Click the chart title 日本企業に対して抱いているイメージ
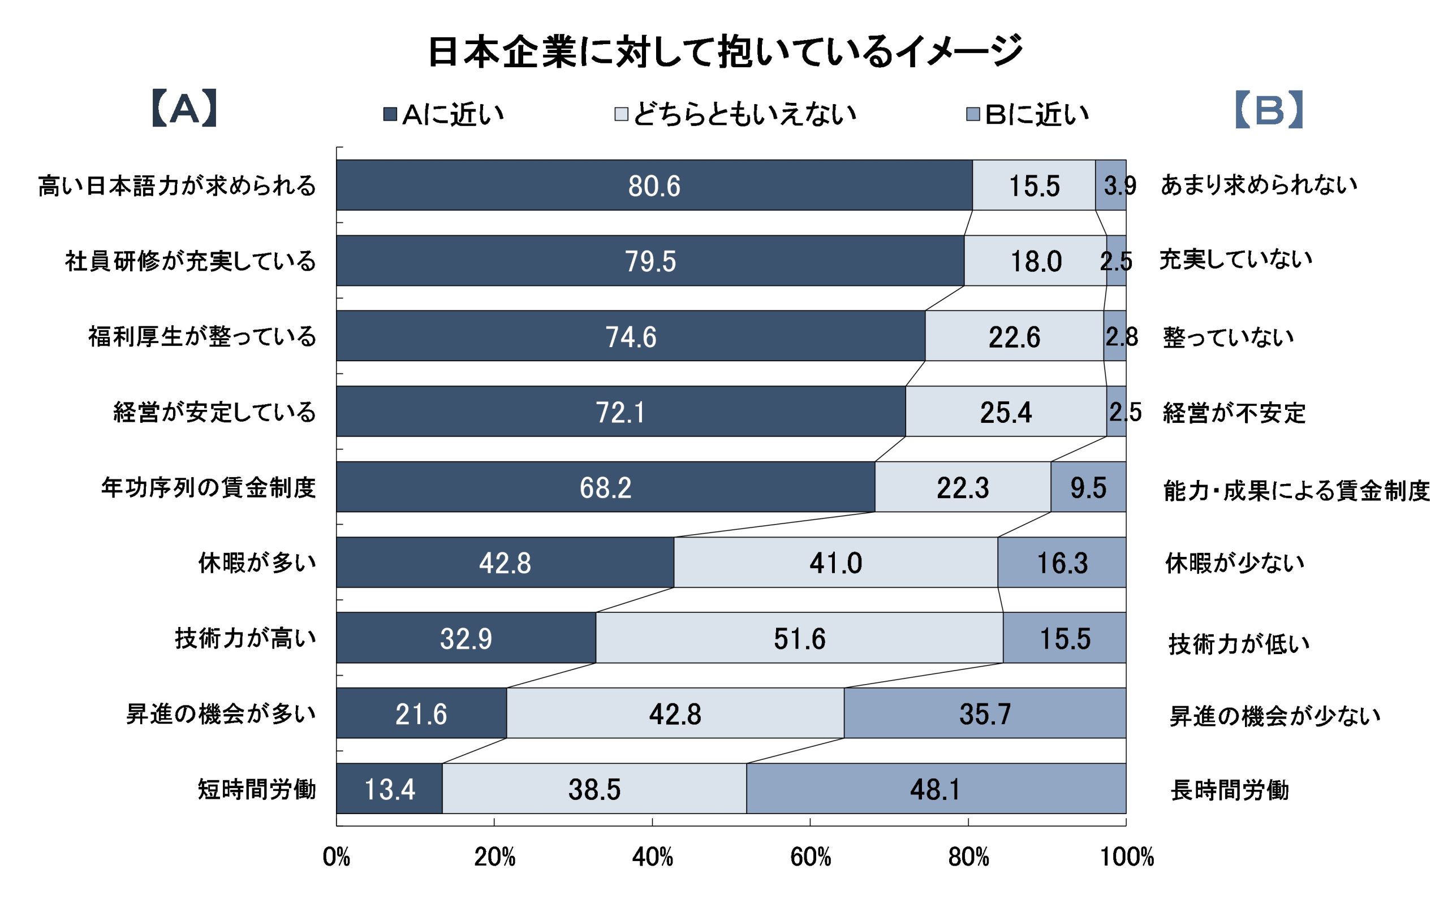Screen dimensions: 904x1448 click(x=725, y=51)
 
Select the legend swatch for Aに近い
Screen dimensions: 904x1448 click(x=390, y=114)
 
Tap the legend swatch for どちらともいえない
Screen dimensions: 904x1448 click(x=622, y=114)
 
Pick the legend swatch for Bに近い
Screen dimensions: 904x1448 click(x=973, y=114)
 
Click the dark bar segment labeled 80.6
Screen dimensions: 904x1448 click(x=654, y=185)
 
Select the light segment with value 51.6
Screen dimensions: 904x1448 click(x=799, y=638)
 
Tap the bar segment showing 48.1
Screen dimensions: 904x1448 click(x=936, y=789)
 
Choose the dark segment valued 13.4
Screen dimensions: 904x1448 click(x=389, y=789)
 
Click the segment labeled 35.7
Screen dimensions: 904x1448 click(x=985, y=713)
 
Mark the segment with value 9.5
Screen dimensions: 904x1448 click(x=1088, y=487)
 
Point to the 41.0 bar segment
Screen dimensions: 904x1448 click(x=835, y=563)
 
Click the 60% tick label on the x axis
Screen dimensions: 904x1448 click(x=811, y=858)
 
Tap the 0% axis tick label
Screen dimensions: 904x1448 click(x=336, y=858)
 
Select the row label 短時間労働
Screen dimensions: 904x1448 click(x=257, y=789)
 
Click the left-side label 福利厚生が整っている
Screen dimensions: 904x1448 click(x=202, y=336)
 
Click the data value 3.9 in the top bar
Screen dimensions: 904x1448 click(x=1119, y=186)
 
